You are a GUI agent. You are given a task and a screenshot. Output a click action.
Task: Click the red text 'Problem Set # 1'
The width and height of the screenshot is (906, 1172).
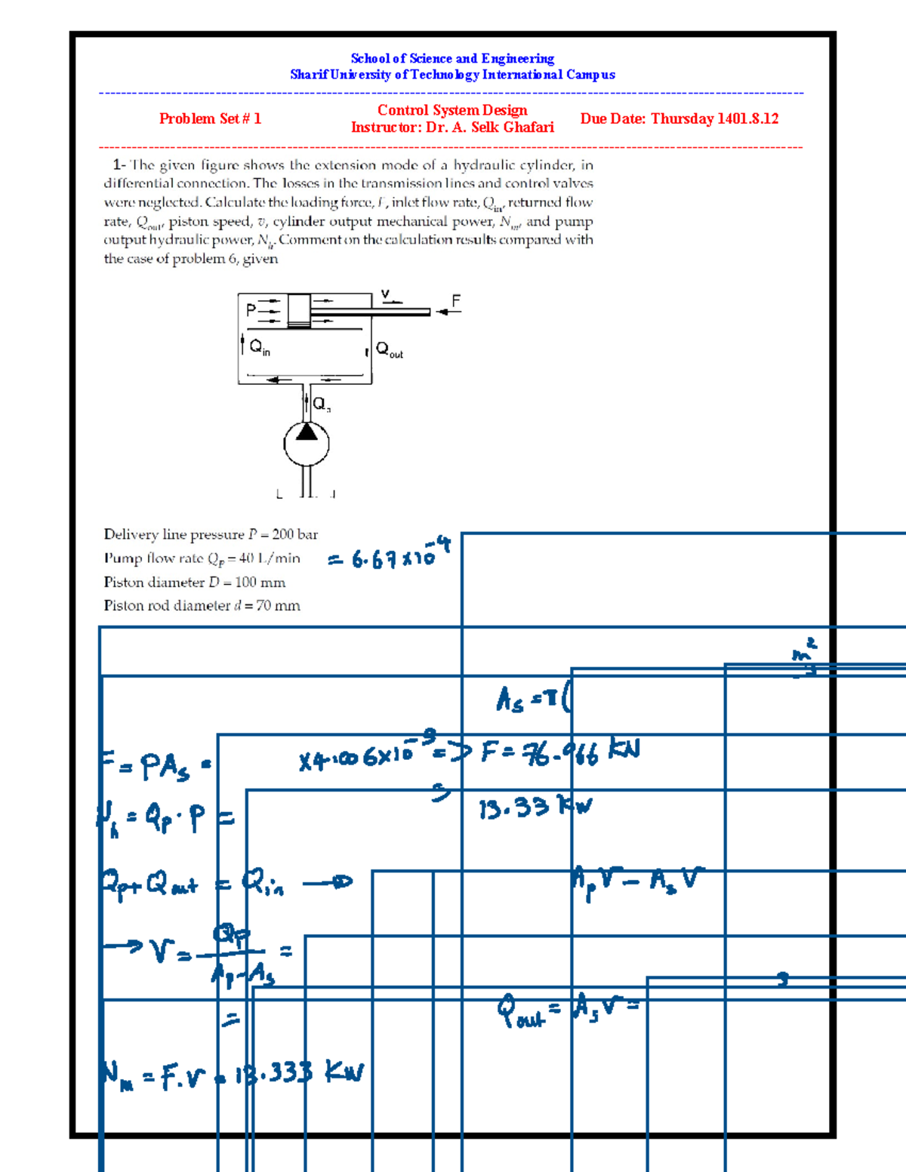[x=210, y=118]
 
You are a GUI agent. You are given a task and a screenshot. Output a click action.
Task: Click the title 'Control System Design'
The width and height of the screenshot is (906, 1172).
[x=452, y=110]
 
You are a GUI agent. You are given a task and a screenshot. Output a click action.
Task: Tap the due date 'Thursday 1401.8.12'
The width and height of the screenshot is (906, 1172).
[x=714, y=118]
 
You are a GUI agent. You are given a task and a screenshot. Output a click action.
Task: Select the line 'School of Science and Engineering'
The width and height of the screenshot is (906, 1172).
[x=452, y=58]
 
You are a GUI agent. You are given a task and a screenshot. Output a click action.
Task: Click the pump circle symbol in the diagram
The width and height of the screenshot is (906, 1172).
[x=306, y=444]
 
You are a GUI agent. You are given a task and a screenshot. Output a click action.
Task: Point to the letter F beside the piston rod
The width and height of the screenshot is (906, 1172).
[x=456, y=301]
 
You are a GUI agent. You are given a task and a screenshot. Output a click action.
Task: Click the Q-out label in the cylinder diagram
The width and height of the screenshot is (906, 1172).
[x=390, y=350]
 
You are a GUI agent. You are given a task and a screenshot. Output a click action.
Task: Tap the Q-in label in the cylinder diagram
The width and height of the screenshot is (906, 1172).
[x=260, y=347]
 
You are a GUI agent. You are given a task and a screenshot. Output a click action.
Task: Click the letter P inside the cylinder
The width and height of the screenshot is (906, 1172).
[x=251, y=309]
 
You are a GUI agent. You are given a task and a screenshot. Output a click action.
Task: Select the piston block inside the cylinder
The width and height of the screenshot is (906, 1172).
[x=299, y=310]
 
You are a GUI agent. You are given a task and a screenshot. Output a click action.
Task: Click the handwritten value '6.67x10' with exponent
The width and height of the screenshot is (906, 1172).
[x=389, y=556]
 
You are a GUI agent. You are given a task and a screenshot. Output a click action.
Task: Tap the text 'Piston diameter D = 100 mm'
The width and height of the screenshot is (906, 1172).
[x=195, y=582]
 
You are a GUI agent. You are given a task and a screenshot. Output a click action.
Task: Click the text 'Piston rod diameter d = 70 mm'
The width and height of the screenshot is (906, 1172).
[x=202, y=605]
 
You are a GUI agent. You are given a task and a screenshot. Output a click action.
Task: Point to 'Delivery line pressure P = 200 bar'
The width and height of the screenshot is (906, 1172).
[x=211, y=534]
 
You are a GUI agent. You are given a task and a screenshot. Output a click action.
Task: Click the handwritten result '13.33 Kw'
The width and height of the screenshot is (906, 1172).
[x=535, y=808]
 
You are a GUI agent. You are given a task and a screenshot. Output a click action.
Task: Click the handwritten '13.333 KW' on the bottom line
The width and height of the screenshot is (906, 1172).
[x=299, y=1072]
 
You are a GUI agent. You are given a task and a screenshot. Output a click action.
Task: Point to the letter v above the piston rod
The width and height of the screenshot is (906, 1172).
[x=385, y=294]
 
